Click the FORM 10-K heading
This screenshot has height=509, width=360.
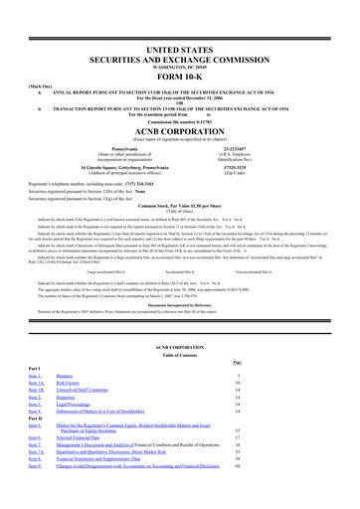(179, 53)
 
